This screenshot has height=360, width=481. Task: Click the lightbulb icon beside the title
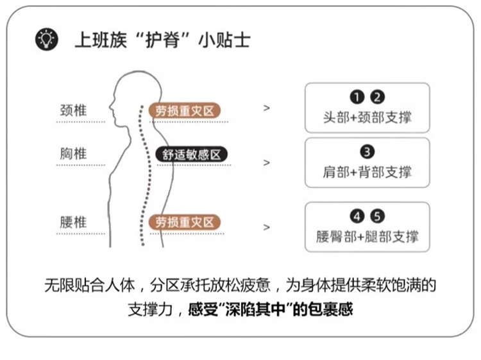[46, 40]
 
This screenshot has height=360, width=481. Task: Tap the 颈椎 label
[72, 109]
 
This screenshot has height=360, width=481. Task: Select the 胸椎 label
[72, 154]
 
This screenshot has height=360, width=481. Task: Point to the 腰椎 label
[72, 223]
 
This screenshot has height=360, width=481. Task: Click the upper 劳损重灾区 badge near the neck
[185, 110]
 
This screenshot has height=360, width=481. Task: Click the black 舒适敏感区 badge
[191, 155]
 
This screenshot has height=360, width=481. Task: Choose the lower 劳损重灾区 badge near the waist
[185, 223]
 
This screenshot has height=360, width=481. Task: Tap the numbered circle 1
[357, 98]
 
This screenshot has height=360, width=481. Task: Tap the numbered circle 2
[378, 98]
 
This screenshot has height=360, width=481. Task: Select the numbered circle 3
[367, 152]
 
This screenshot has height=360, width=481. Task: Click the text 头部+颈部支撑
[367, 117]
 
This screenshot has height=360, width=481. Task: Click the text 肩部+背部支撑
[367, 172]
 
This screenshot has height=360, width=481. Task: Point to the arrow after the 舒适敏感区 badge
[267, 162]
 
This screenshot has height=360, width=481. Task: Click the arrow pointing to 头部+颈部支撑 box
[267, 108]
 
